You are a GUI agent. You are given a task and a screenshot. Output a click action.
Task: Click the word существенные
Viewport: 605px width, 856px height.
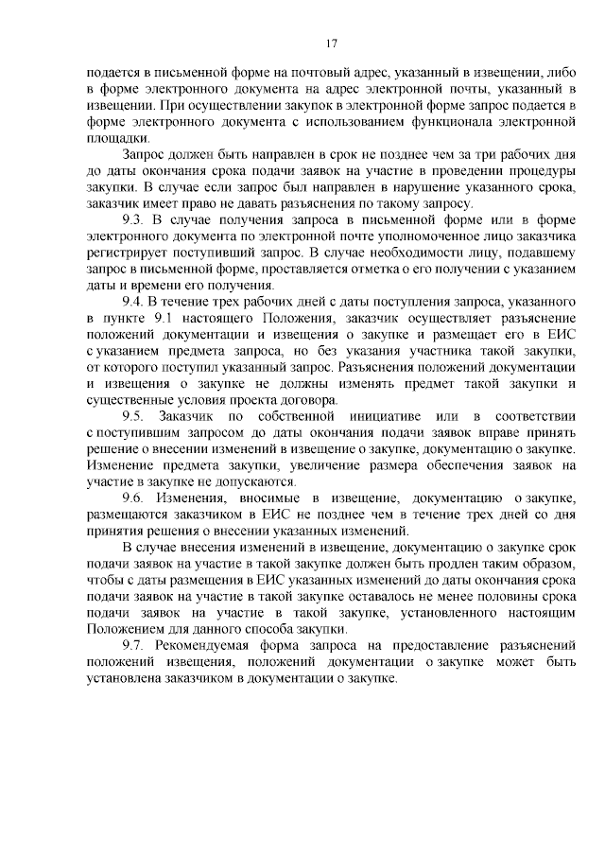point(126,400)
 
